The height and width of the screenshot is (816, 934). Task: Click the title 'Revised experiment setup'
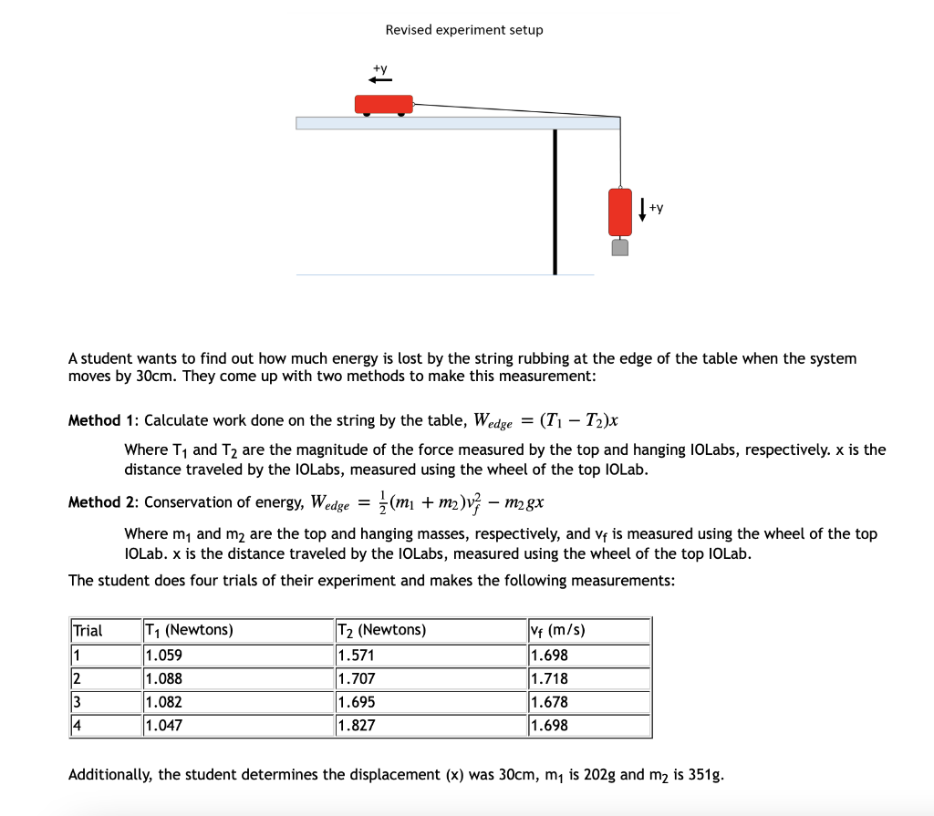[x=463, y=30]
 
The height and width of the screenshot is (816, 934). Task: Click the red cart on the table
[x=383, y=105]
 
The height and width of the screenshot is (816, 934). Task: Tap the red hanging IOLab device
[x=620, y=212]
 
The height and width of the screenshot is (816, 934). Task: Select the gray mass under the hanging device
[x=620, y=247]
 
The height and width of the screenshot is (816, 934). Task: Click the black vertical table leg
[x=554, y=201]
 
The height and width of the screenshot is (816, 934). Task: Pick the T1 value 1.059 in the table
[x=163, y=655]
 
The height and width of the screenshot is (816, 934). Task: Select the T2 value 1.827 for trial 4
[x=356, y=726]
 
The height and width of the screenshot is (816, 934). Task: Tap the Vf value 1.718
[x=549, y=678]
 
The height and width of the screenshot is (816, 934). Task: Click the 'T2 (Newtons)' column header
[x=381, y=630]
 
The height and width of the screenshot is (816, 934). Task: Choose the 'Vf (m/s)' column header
[x=557, y=630]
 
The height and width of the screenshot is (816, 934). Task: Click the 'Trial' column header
[x=88, y=630]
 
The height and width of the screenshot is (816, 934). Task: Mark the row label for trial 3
[x=78, y=702]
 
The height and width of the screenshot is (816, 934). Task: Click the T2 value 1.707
[x=356, y=678]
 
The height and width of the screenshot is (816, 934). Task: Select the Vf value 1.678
[x=549, y=702]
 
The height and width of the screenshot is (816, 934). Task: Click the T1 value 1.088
[x=163, y=678]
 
